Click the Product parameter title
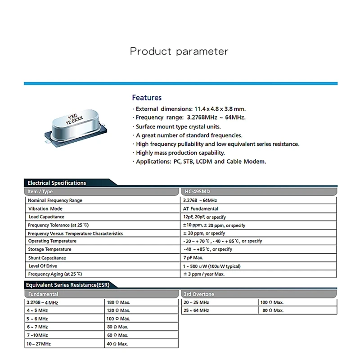coord(179,51)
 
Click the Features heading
coord(147,98)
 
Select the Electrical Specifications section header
coord(57,183)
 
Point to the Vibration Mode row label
coord(45,209)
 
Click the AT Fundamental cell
coord(201,209)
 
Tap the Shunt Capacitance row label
coord(47,258)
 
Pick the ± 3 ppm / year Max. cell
coord(204,274)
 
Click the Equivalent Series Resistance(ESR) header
coord(67,285)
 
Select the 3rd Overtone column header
coord(199,294)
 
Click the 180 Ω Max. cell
coord(118,302)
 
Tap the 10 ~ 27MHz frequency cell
coord(38,344)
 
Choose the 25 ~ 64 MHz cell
coord(196,310)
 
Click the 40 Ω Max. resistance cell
coord(117,344)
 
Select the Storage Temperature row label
coord(49,249)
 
